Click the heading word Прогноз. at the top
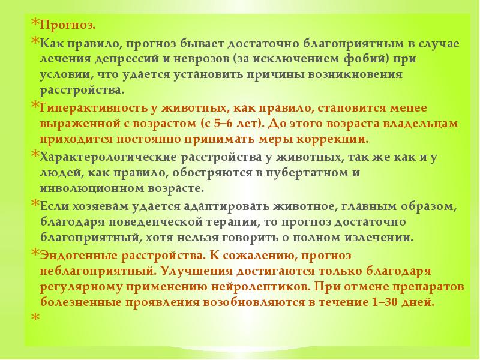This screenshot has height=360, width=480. point(67,26)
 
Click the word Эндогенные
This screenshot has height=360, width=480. point(76,255)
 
